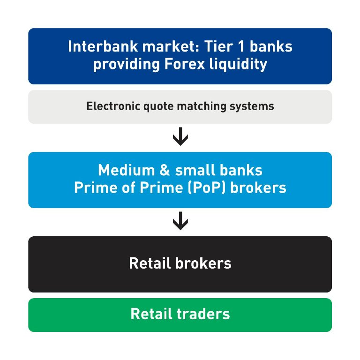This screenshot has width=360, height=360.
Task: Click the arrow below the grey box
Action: coord(180,137)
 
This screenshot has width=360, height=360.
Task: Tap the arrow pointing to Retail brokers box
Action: coord(180,222)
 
